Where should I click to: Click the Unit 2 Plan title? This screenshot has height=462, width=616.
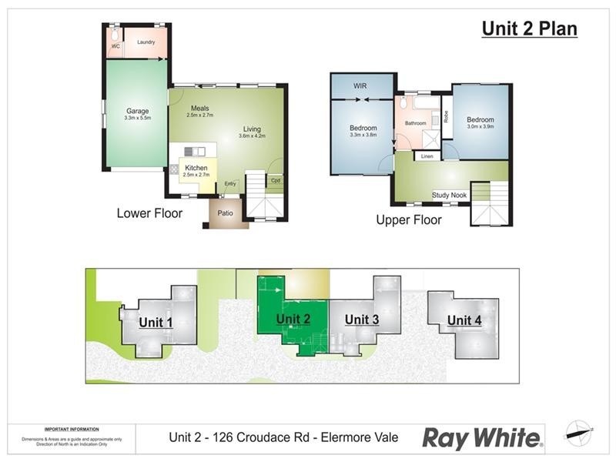click(529, 29)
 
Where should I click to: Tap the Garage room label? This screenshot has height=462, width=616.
click(138, 112)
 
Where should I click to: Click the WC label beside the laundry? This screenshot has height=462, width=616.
click(115, 46)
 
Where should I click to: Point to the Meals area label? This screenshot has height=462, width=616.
click(199, 109)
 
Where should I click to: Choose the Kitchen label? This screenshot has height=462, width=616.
click(196, 168)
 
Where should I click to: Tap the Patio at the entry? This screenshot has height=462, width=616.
click(226, 213)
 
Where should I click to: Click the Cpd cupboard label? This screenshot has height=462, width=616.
click(275, 181)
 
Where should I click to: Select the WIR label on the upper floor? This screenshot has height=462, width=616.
click(360, 85)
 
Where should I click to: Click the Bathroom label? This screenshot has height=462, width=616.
click(416, 122)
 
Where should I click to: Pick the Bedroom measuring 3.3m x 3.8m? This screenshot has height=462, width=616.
click(363, 129)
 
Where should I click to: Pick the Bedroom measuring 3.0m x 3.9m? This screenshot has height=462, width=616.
click(480, 120)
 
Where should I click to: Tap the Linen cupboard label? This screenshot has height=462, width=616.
click(427, 157)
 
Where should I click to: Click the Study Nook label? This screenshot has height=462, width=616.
click(450, 196)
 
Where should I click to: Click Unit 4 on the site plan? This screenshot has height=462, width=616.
click(464, 320)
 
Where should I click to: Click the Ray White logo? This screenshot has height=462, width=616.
click(481, 438)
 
